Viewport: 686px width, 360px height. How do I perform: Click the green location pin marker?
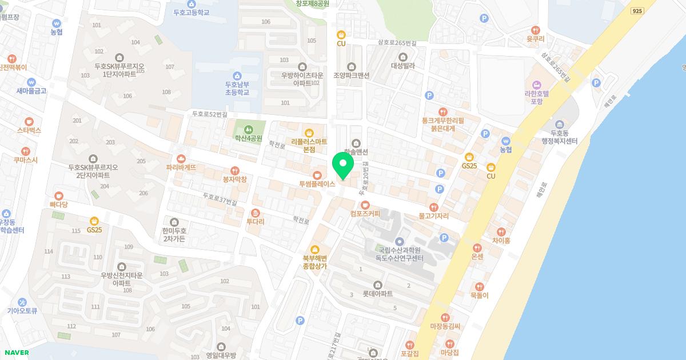pyautogui.click(x=343, y=165)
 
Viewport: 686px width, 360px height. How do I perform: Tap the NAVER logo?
pyautogui.click(x=16, y=353)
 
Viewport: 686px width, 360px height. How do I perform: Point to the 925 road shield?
pyautogui.click(x=637, y=11)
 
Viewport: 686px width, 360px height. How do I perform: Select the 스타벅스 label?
pyautogui.click(x=29, y=130)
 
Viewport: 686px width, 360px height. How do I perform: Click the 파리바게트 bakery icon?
pyautogui.click(x=181, y=158)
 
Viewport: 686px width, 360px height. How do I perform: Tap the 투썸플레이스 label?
pyautogui.click(x=317, y=185)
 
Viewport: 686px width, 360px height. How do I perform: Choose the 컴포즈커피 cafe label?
pyautogui.click(x=365, y=214)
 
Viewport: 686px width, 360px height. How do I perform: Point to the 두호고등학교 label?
pyautogui.click(x=192, y=12)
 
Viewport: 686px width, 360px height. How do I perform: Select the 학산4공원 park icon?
pyautogui.click(x=248, y=129)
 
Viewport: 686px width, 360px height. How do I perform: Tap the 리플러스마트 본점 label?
pyautogui.click(x=309, y=145)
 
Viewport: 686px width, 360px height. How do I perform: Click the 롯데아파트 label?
pyautogui.click(x=377, y=294)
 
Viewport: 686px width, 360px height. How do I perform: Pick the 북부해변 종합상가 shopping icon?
pyautogui.click(x=314, y=249)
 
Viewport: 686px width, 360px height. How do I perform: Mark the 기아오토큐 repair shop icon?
pyautogui.click(x=22, y=302)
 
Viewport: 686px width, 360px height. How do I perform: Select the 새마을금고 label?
pyautogui.click(x=31, y=91)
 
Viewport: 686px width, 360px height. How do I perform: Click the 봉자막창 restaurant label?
pyautogui.click(x=234, y=179)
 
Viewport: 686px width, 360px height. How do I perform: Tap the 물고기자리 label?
pyautogui.click(x=433, y=217)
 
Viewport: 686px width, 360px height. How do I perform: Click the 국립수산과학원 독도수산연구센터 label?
pyautogui.click(x=400, y=254)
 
